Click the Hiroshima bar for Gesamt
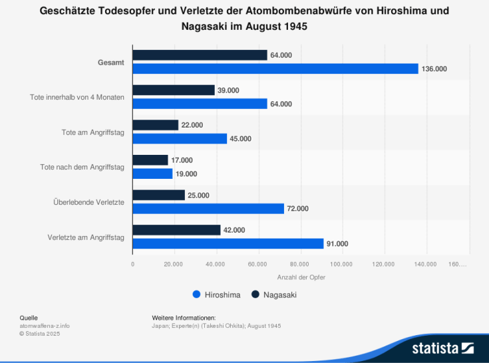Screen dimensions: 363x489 point(275,68)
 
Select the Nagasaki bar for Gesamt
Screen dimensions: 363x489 point(200,55)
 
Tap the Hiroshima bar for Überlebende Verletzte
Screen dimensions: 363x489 point(208,208)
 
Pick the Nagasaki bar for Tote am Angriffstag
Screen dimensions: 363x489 point(156,125)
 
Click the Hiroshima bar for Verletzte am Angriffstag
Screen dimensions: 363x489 point(228,243)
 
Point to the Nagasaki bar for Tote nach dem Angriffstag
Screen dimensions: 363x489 point(150,160)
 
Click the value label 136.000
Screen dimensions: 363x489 point(434,69)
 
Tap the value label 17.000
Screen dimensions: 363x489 point(182,160)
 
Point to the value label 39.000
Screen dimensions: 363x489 point(228,90)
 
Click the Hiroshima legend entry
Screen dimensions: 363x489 point(216,295)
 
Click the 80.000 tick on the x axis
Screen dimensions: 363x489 point(300,264)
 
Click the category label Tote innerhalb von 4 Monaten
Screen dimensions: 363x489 point(77,97)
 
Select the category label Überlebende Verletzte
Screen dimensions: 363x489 point(88,201)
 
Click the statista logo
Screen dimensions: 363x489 point(442,348)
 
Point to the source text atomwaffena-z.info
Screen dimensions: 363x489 point(45,326)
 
